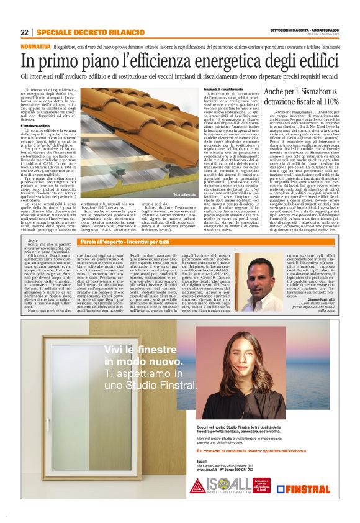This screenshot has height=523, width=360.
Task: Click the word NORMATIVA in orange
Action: point(35,47)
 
